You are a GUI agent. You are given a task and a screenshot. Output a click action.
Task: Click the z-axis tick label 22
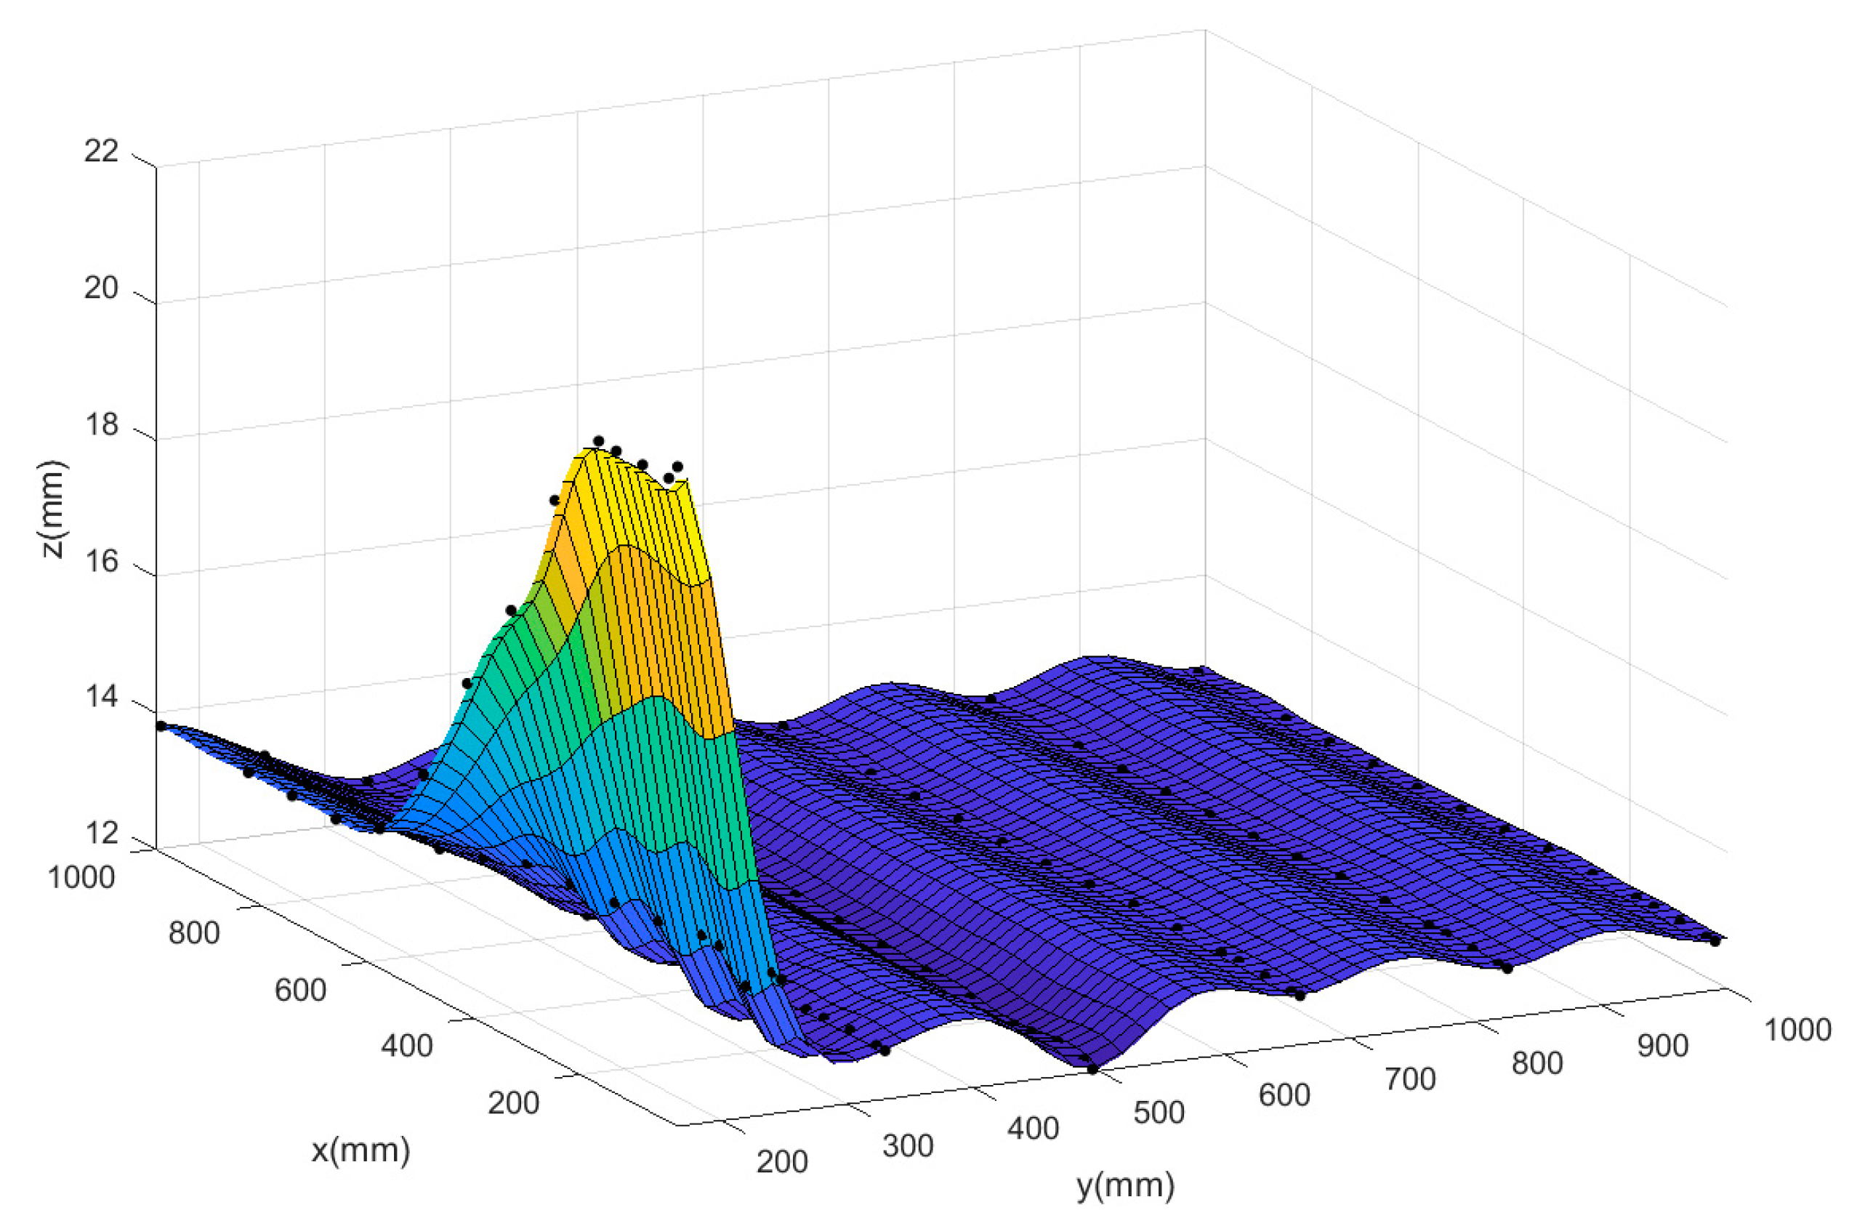[x=101, y=151]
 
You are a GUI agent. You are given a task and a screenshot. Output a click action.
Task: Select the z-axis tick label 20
[x=101, y=289]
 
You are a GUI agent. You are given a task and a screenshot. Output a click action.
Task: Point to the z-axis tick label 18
[x=101, y=425]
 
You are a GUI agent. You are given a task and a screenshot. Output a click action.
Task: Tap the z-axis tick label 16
[x=101, y=561]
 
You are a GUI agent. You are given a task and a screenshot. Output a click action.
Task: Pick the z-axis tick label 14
[x=101, y=697]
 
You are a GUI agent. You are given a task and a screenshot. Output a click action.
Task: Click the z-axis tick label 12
[x=101, y=834]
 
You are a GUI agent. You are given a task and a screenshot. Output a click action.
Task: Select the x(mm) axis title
[x=360, y=1150]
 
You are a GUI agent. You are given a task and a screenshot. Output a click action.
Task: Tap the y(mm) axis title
[x=1125, y=1185]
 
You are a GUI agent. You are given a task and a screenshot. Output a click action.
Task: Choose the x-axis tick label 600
[x=300, y=991]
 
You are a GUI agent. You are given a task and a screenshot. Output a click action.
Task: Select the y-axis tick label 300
[x=908, y=1146]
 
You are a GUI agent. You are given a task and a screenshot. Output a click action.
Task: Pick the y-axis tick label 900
[x=1663, y=1046]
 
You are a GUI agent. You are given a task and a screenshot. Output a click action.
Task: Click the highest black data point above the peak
[x=599, y=441]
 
